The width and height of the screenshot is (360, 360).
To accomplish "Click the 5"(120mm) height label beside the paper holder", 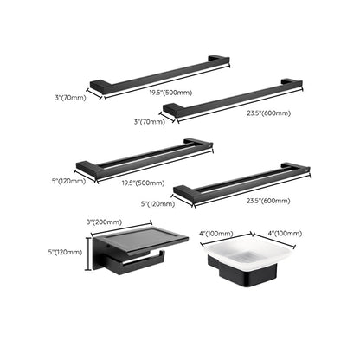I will tap(66, 252).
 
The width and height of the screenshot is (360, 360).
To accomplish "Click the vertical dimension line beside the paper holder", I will tap(87, 253).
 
